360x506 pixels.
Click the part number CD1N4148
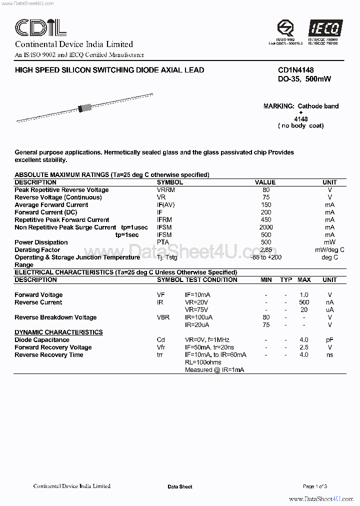[296, 70]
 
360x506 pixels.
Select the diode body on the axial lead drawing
[85, 107]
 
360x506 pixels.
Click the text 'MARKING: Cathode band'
[301, 106]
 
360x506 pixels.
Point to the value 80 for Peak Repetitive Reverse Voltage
[265, 190]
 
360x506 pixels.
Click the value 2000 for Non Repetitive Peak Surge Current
[265, 227]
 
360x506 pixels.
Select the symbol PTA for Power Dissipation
[163, 242]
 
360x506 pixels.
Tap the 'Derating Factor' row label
[37, 250]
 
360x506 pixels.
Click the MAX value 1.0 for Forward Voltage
[304, 295]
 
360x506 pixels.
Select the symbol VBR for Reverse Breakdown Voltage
[163, 317]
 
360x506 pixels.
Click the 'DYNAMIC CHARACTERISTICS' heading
[58, 332]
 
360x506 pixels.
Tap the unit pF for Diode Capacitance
[329, 340]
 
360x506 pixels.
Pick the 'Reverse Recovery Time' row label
[49, 355]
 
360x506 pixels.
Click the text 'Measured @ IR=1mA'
[214, 370]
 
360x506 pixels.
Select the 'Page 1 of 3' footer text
[315, 486]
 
